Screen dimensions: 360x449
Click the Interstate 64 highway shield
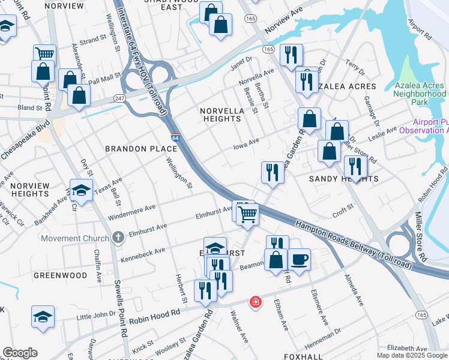[x=175, y=137]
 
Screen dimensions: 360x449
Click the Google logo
[x=20, y=353]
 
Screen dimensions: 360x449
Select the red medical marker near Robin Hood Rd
[x=256, y=301]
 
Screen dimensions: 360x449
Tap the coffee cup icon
[x=299, y=260]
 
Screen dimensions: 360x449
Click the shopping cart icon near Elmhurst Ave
[x=247, y=214]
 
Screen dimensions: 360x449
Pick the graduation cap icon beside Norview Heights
[x=81, y=191]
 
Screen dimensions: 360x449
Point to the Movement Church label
[x=75, y=238]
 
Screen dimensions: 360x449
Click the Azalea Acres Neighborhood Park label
[x=420, y=90]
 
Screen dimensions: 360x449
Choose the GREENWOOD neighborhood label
[x=60, y=275]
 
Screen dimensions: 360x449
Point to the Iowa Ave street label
[x=246, y=143]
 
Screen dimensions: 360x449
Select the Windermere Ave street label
[x=131, y=211]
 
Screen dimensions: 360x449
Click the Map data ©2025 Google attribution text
[x=412, y=355]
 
